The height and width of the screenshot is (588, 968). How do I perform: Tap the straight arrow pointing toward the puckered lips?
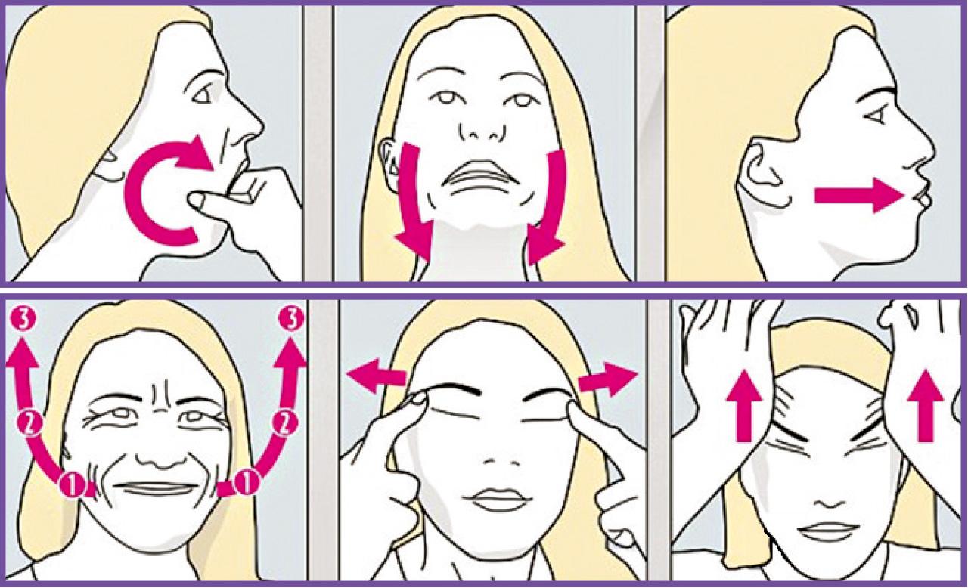[859, 196]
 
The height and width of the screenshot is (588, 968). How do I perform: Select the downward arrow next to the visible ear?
[414, 203]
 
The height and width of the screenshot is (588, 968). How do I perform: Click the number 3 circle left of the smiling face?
[20, 320]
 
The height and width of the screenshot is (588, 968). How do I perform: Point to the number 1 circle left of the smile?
[73, 484]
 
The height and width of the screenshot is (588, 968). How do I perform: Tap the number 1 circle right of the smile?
[247, 483]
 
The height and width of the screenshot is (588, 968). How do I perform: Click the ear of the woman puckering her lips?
[765, 172]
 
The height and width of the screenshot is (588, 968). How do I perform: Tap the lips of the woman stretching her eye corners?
[497, 501]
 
